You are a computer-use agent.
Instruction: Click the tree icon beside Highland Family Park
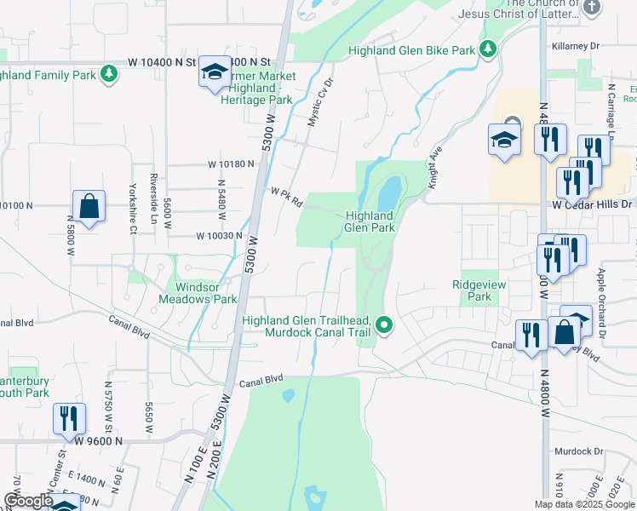[x=109, y=75]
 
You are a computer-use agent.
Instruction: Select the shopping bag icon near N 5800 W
[x=89, y=206]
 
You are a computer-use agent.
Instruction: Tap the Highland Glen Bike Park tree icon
[x=488, y=50]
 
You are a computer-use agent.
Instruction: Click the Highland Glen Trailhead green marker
[x=385, y=324]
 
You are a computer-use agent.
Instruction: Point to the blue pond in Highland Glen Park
[x=387, y=194]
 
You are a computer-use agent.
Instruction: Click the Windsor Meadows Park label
[x=198, y=293]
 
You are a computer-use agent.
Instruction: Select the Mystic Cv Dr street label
[x=318, y=103]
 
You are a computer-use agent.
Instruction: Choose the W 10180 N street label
[x=231, y=164]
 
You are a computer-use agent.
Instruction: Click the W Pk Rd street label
[x=287, y=198]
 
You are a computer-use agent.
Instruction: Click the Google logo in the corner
[x=28, y=501]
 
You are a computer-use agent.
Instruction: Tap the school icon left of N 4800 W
[x=504, y=141]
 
